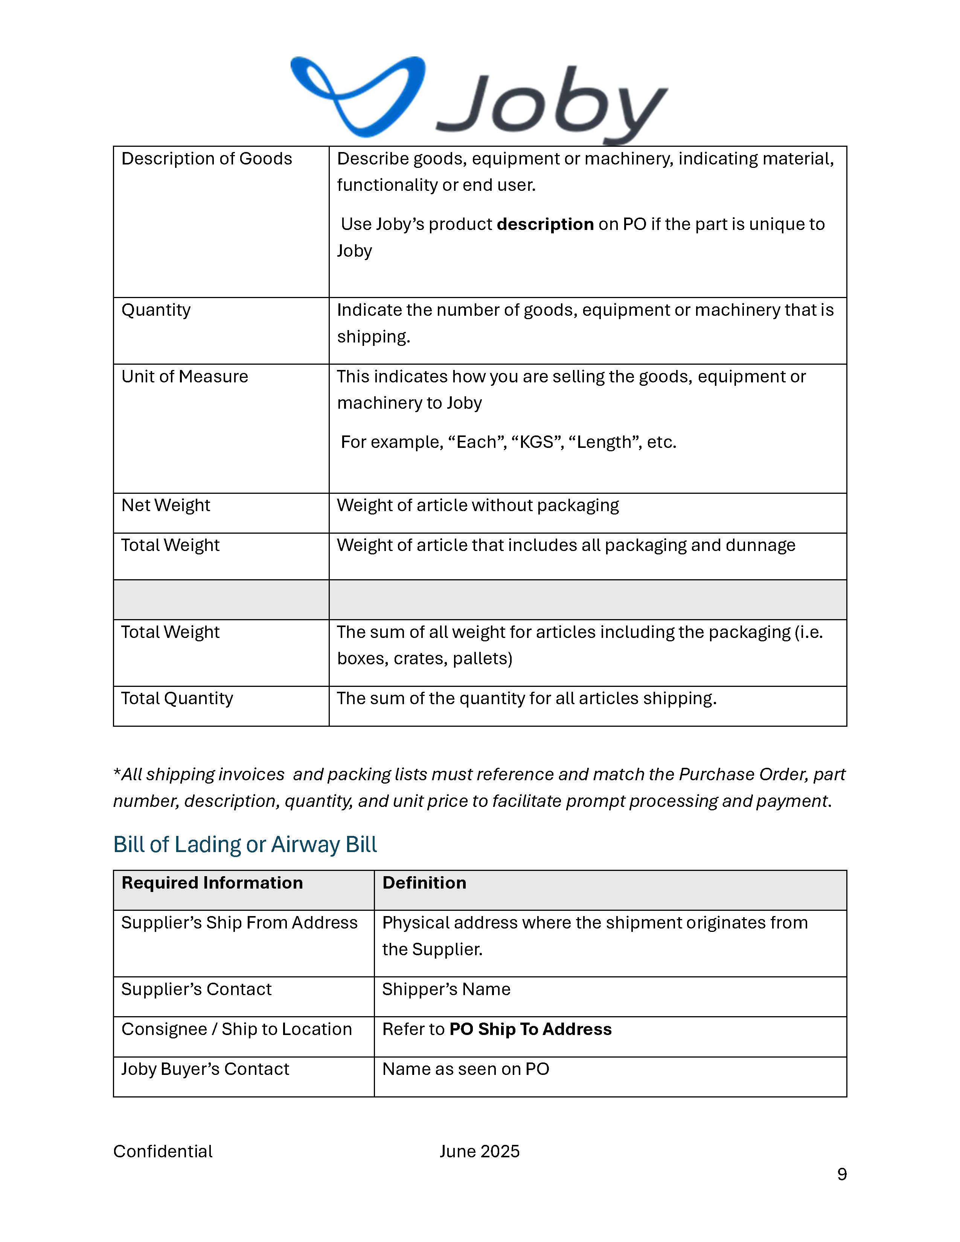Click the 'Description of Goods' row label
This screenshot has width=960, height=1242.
point(206,159)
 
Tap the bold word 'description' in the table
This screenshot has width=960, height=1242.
point(545,224)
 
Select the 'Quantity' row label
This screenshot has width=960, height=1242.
point(156,310)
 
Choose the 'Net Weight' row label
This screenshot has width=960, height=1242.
point(166,505)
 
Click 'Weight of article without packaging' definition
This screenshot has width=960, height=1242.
point(478,505)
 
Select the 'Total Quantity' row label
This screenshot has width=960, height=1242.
point(177,698)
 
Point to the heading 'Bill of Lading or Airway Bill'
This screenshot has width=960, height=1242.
point(245,845)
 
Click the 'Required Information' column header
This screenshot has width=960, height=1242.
point(212,883)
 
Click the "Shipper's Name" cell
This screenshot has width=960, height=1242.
point(446,989)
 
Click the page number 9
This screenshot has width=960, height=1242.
point(842,1174)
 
